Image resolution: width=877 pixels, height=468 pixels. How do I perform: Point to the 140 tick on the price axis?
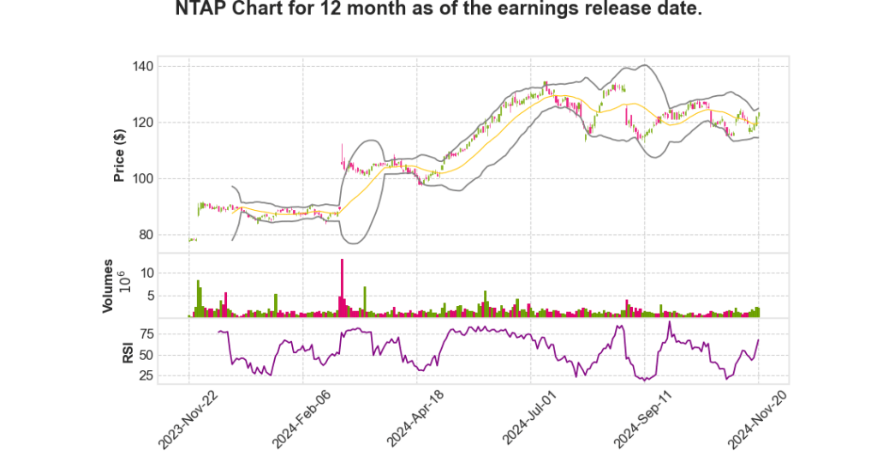[143, 67]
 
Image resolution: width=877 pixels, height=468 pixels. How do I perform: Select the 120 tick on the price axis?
[143, 123]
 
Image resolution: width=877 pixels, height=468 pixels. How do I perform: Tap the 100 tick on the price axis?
[143, 179]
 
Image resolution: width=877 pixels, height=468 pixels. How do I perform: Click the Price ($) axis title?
[120, 155]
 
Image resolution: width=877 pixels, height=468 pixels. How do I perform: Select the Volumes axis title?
[109, 286]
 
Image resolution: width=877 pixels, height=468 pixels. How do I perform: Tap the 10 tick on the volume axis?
[146, 273]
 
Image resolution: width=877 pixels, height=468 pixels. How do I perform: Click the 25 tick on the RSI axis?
[146, 375]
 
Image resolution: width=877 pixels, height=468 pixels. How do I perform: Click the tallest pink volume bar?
[342, 288]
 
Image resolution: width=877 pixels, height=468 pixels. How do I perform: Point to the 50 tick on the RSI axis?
[146, 354]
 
